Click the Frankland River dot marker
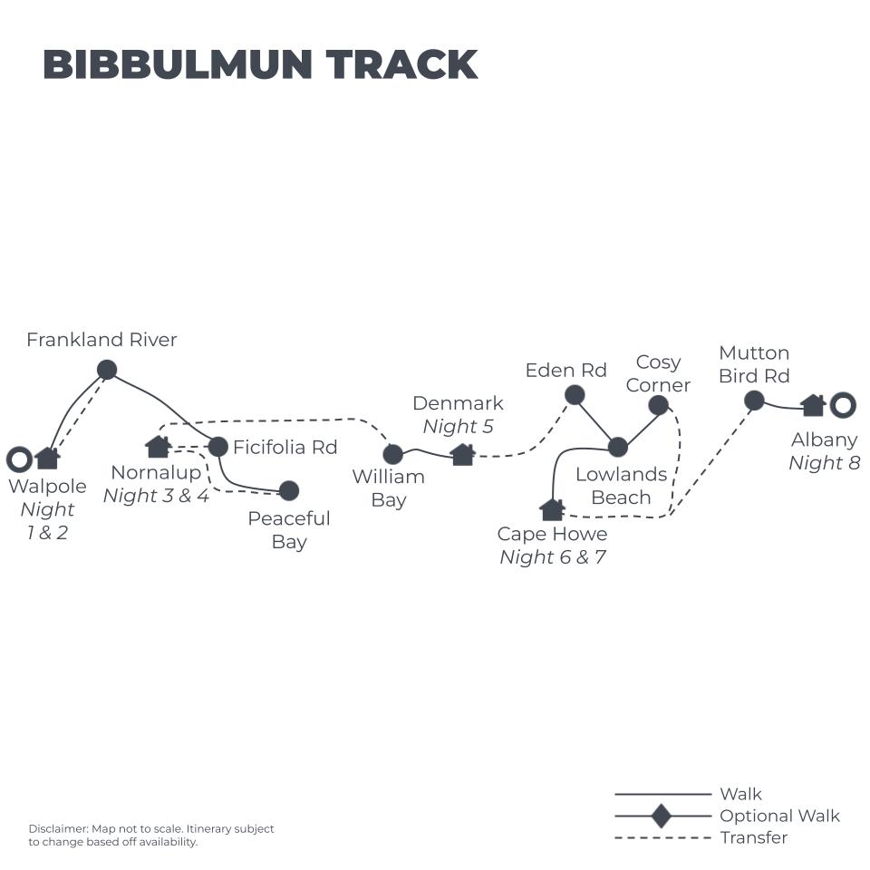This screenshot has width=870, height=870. pyautogui.click(x=107, y=370)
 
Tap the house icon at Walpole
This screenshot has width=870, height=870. pyautogui.click(x=47, y=458)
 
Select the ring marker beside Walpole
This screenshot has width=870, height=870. pyautogui.click(x=19, y=459)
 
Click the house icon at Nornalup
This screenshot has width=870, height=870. pyautogui.click(x=159, y=446)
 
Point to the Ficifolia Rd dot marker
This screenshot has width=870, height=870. pyautogui.click(x=217, y=447)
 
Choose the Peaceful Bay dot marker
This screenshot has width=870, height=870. pyautogui.click(x=289, y=490)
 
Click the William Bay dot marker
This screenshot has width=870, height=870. pyautogui.click(x=392, y=454)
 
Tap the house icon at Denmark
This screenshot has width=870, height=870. pyautogui.click(x=463, y=454)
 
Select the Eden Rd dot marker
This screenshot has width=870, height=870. pyautogui.click(x=575, y=394)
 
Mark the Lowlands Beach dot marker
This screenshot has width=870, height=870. pyautogui.click(x=618, y=447)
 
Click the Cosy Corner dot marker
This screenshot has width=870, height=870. pyautogui.click(x=659, y=405)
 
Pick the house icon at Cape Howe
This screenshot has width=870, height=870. pyautogui.click(x=552, y=509)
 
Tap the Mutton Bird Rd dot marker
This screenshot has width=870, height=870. pyautogui.click(x=754, y=401)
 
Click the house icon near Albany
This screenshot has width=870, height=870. pyautogui.click(x=813, y=405)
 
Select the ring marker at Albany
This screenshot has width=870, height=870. pyautogui.click(x=843, y=405)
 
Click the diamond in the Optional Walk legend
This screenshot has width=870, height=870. pyautogui.click(x=662, y=816)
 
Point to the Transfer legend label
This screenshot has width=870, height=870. pyautogui.click(x=754, y=837)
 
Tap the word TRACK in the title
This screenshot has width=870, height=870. pyautogui.click(x=401, y=65)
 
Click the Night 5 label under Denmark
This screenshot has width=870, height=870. pyautogui.click(x=459, y=427)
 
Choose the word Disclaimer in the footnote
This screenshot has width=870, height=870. pyautogui.click(x=57, y=828)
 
